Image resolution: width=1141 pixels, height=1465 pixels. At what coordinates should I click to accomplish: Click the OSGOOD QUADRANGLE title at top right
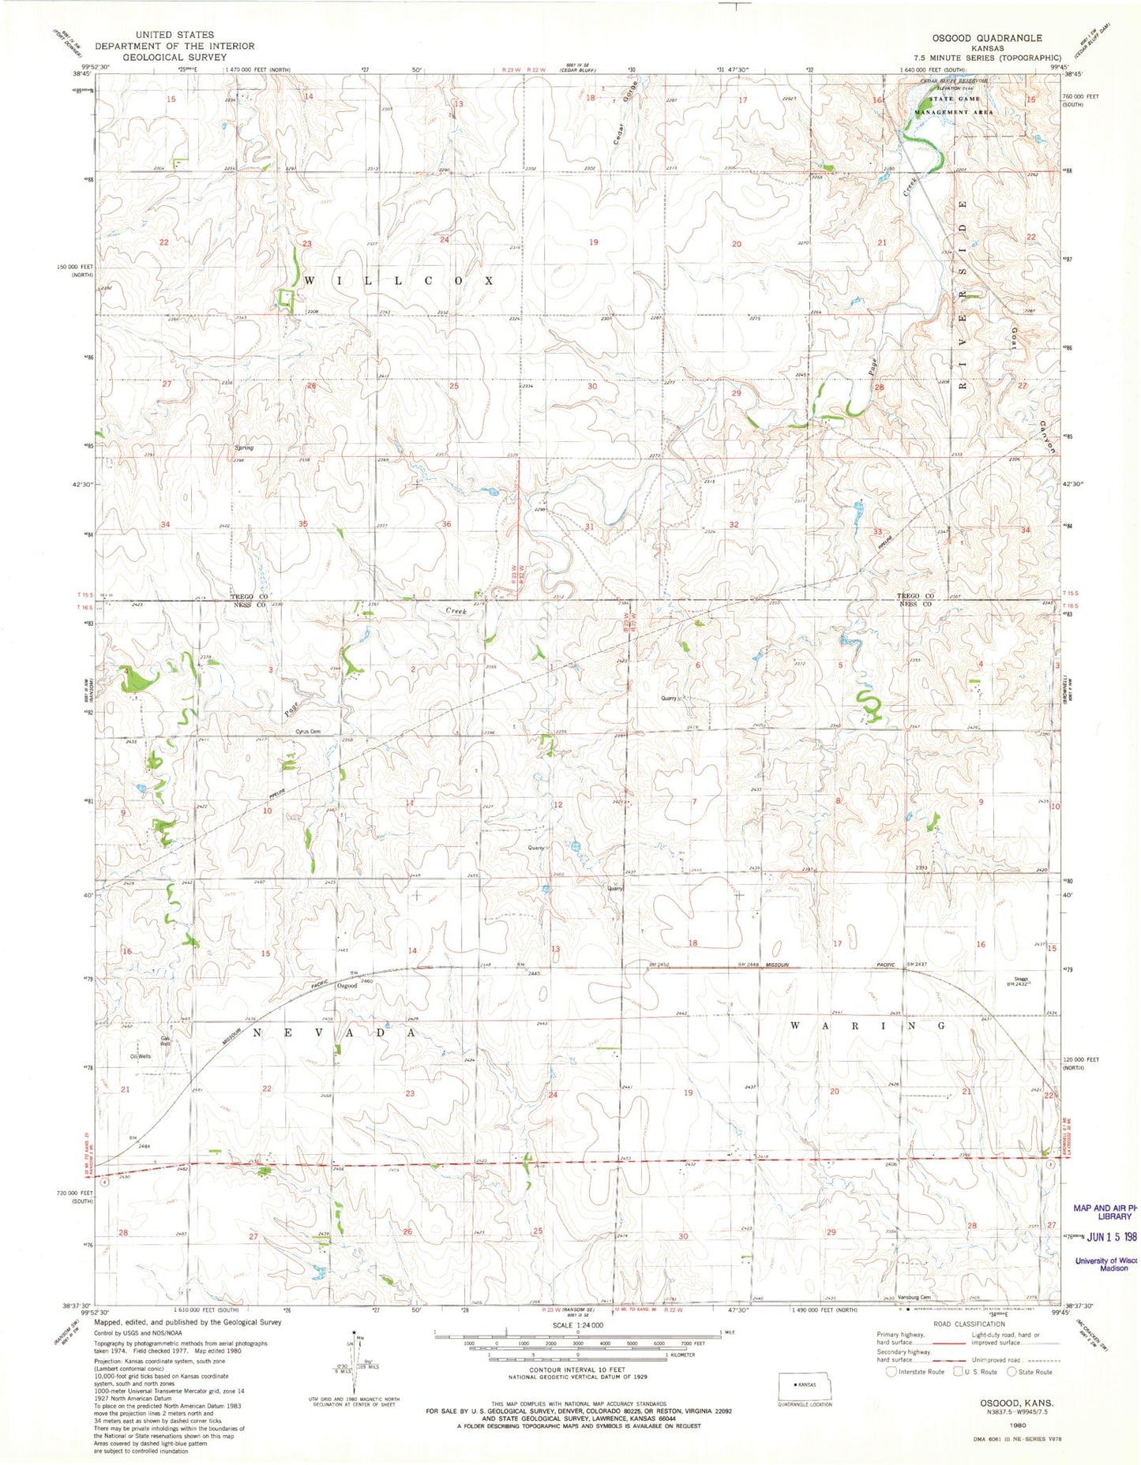click(x=998, y=38)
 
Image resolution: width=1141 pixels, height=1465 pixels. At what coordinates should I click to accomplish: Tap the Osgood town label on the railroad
click(x=347, y=986)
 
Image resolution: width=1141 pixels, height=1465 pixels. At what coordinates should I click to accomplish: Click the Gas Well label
click(x=166, y=1040)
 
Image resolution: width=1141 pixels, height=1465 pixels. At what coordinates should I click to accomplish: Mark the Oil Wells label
click(x=141, y=1056)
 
